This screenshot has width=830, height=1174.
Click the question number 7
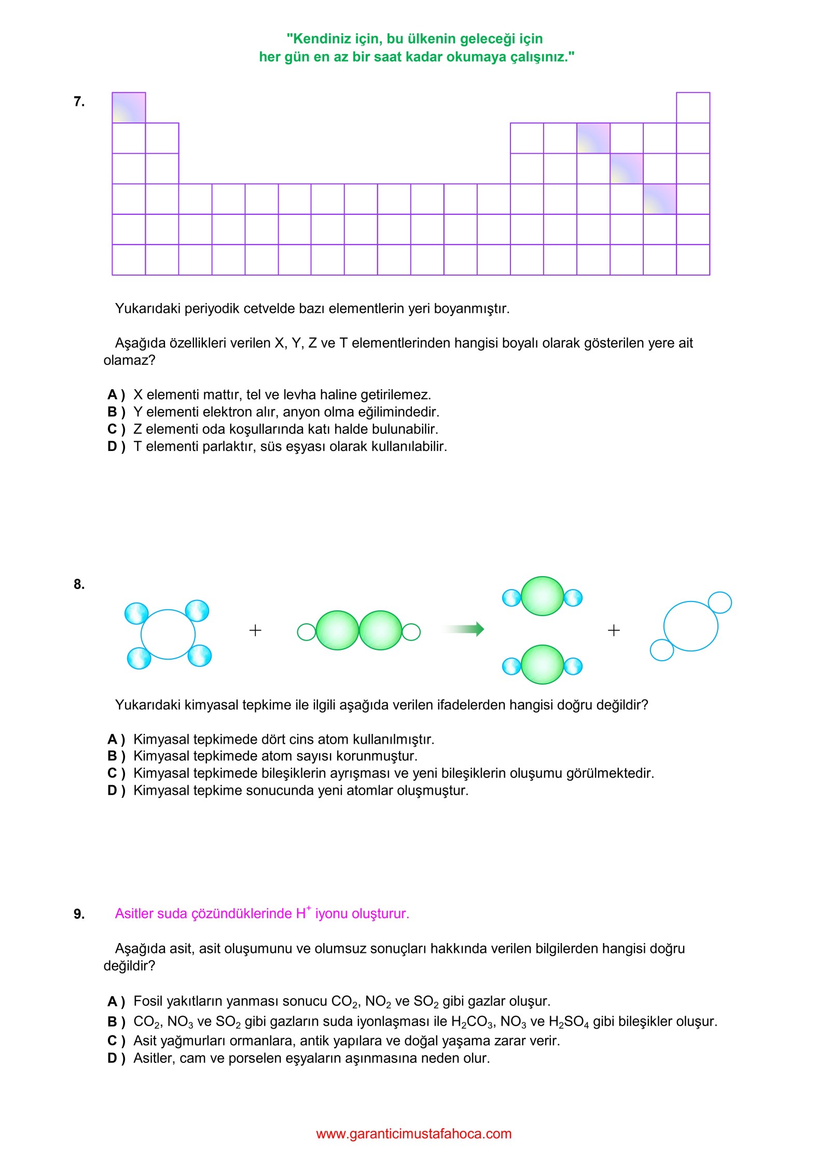pyautogui.click(x=79, y=102)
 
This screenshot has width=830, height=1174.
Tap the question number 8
pyautogui.click(x=79, y=584)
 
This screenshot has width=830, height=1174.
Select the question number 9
pyautogui.click(x=79, y=914)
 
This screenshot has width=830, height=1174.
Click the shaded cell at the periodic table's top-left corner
pyautogui.click(x=129, y=108)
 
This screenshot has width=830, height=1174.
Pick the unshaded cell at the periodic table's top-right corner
pyautogui.click(x=693, y=108)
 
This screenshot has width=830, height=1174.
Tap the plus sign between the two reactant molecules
pyautogui.click(x=255, y=630)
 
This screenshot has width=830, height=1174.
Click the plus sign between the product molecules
pyautogui.click(x=614, y=630)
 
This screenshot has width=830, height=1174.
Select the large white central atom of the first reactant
pyautogui.click(x=168, y=634)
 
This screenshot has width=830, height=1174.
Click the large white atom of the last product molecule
pyautogui.click(x=690, y=626)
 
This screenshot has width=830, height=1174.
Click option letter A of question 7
pyautogui.click(x=113, y=395)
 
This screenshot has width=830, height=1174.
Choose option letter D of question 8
pyautogui.click(x=113, y=790)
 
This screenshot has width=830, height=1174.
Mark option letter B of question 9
pyautogui.click(x=113, y=1021)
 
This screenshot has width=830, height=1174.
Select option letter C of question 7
pyautogui.click(x=113, y=429)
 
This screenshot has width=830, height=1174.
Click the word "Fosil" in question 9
pyautogui.click(x=148, y=1001)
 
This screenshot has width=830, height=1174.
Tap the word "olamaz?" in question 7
pyautogui.click(x=129, y=360)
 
